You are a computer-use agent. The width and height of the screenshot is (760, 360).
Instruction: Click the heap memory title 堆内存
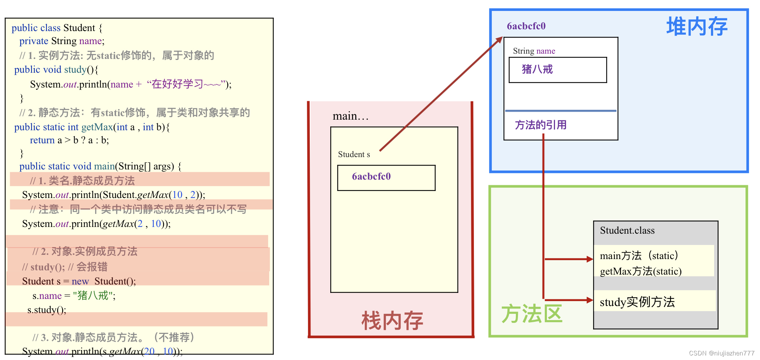[x=696, y=27]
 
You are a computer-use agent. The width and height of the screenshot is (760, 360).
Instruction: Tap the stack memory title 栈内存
[x=392, y=321]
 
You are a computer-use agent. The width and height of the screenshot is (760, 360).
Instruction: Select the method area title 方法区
[x=532, y=314]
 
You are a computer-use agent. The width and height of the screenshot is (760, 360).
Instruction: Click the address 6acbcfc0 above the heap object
[x=526, y=26]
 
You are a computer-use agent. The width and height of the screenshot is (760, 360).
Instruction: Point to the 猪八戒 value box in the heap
[x=557, y=70]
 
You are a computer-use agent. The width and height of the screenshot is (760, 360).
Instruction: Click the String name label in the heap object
[x=534, y=51]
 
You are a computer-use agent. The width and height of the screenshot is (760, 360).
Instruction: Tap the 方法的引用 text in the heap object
[x=541, y=125]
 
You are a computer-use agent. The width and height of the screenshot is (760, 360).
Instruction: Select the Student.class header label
[x=627, y=230]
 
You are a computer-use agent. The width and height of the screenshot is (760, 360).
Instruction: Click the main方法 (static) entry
[x=639, y=256]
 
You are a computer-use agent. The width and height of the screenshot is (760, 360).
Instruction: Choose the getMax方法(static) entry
[x=640, y=271]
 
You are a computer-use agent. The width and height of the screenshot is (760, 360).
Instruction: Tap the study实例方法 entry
[x=637, y=302]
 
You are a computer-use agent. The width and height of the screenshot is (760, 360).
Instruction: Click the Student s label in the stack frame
[x=354, y=155]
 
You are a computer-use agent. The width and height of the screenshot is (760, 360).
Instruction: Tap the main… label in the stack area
[x=350, y=116]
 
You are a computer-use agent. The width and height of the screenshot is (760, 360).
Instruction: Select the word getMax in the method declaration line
[x=97, y=127]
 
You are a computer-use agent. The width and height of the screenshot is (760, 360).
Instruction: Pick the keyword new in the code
[x=80, y=281]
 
